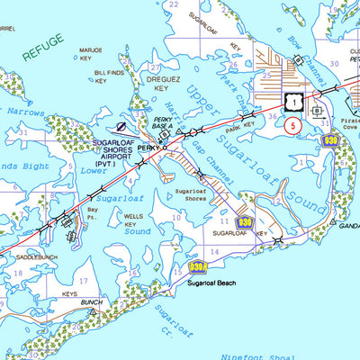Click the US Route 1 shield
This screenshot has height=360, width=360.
click(x=292, y=103)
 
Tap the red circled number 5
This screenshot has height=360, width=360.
click(x=293, y=126)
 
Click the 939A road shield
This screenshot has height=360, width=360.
click(x=198, y=266)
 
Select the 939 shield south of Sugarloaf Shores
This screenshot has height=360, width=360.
click(x=245, y=222)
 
